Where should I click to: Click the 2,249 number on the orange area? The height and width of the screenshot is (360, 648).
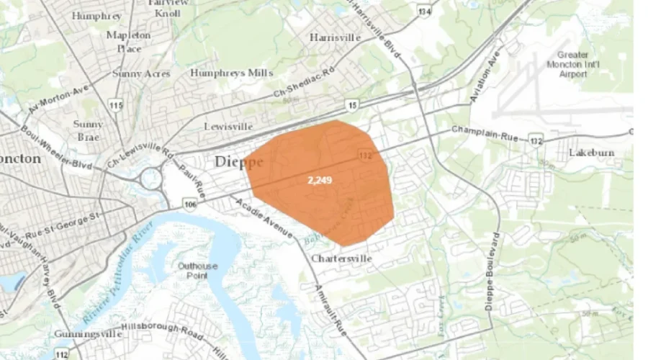(x=320, y=179)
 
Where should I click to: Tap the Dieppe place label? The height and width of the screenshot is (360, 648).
(x=238, y=163)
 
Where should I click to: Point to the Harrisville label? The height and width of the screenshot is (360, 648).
(x=334, y=37)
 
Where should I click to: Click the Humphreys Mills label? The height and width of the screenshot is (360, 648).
(x=231, y=73)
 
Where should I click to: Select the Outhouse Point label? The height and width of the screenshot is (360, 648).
(x=197, y=271)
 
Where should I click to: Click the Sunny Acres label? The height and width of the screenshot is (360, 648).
(x=141, y=73)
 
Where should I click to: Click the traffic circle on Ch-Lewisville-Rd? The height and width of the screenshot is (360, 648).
(x=151, y=177)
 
